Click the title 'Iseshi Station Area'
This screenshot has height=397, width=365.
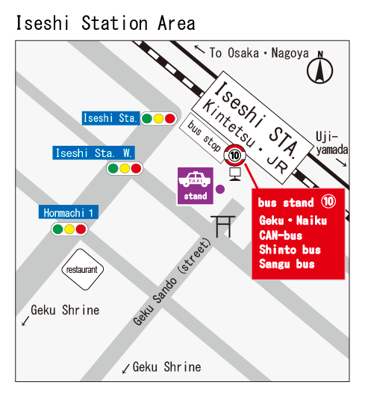pos(105,22)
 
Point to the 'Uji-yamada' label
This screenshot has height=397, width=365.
pos(331,143)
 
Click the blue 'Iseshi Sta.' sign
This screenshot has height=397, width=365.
pos(110,118)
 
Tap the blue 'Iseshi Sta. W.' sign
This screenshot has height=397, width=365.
pos(93,153)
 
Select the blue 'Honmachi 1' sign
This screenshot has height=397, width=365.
pos(69,212)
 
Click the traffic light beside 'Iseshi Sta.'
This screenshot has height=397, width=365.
pos(158,118)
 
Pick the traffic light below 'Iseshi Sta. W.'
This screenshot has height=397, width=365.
pos(124,168)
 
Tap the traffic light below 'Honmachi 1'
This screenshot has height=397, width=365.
pos(69,230)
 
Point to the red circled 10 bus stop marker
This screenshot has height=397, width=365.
pos(235,156)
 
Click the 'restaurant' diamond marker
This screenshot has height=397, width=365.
pos(81,269)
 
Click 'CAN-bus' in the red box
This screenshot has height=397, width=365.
pos(281,236)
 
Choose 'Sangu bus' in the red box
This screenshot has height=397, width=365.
pos(287,264)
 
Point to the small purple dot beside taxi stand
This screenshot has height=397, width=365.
pos(220,188)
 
